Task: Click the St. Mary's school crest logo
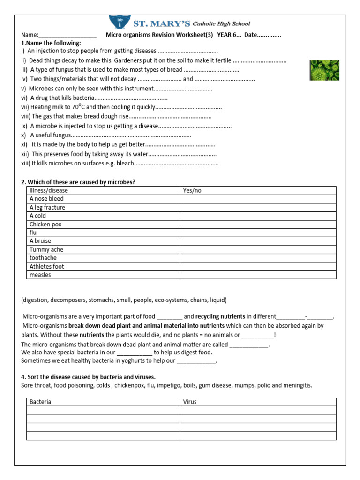(120, 22)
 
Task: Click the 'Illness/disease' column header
(49, 190)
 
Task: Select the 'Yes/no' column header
(192, 190)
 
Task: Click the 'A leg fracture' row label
(47, 207)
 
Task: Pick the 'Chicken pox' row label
(45, 224)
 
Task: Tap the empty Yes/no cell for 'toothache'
(258, 258)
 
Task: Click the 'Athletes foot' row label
(47, 266)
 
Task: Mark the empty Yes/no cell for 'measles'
(258, 275)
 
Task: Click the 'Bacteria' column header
(40, 402)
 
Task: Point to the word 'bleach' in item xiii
(125, 164)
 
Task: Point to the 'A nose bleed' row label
(46, 199)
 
